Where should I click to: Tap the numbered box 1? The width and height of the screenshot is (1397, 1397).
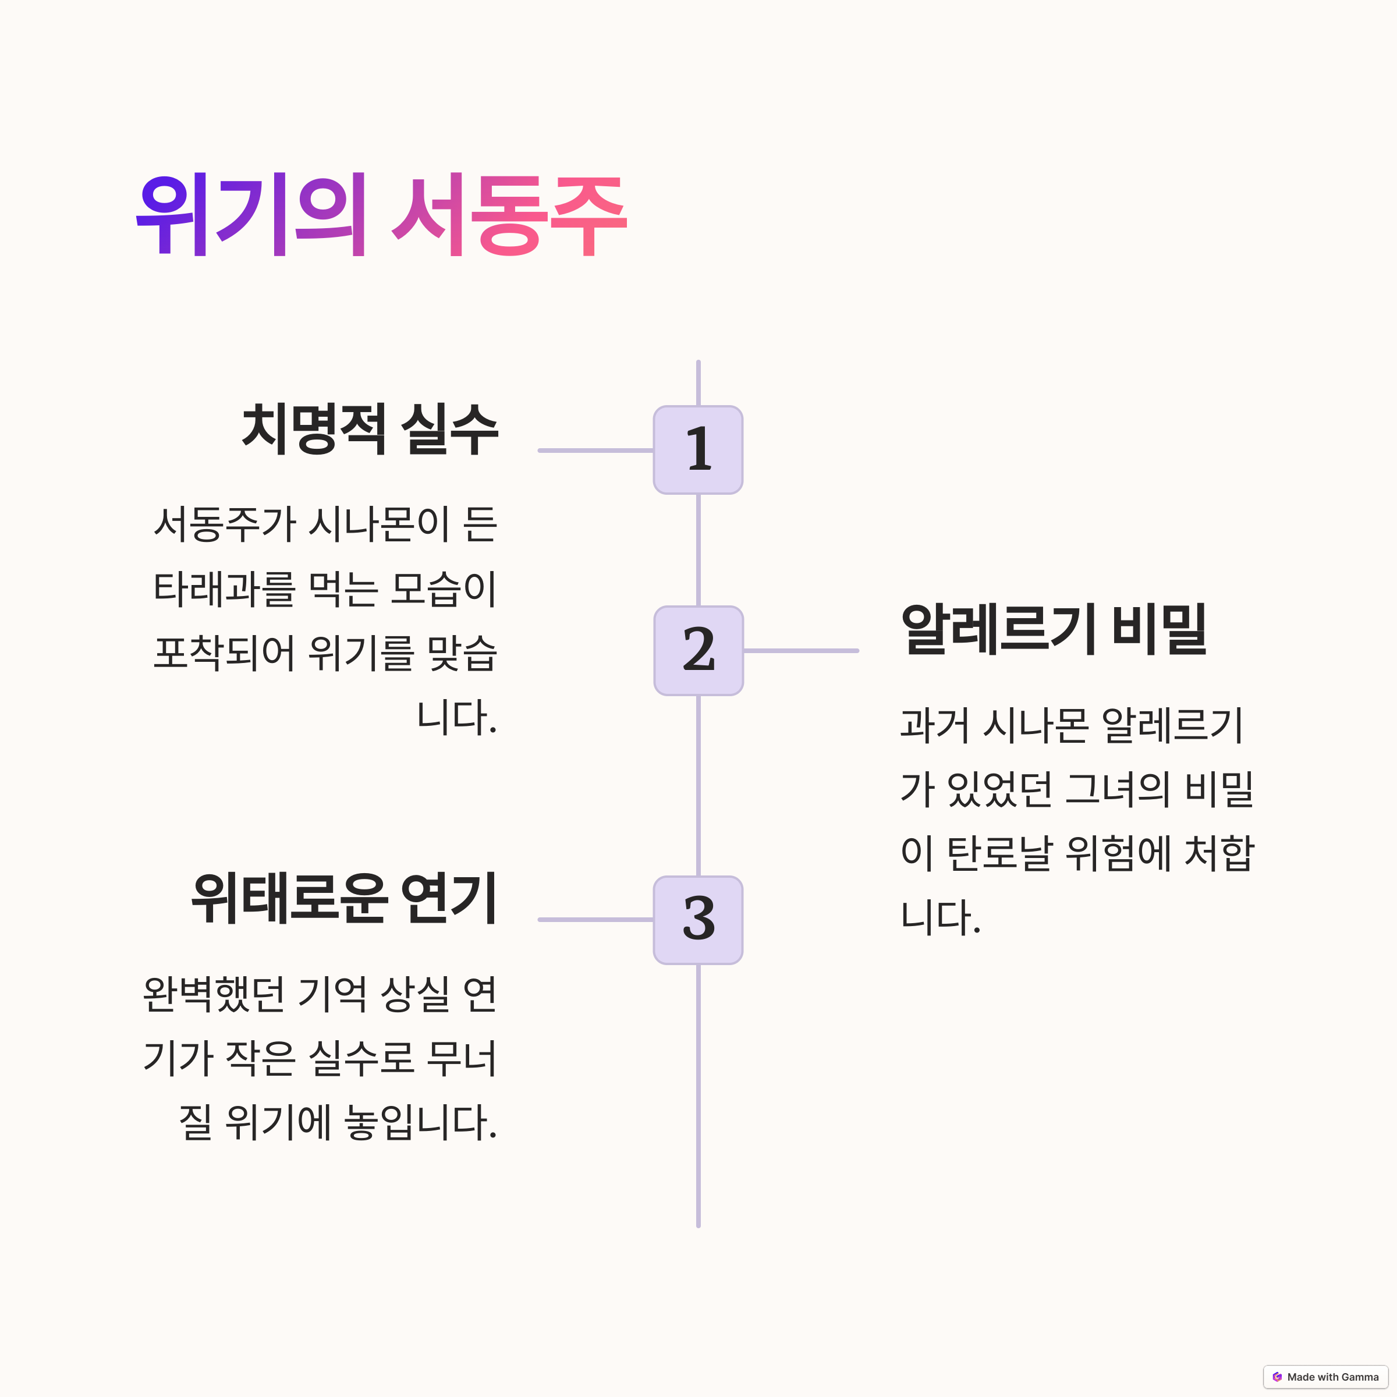698,450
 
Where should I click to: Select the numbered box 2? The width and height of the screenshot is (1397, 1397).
698,650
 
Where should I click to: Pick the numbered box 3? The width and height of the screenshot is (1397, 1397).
698,920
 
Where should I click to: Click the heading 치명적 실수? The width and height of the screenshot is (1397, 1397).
370,430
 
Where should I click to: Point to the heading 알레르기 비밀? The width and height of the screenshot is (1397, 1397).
1054,629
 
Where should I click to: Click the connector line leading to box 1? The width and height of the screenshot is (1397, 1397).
596,451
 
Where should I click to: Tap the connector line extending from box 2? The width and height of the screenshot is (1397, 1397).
801,651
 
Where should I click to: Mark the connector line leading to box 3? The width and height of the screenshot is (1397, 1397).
596,920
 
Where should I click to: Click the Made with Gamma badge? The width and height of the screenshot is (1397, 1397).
1325,1377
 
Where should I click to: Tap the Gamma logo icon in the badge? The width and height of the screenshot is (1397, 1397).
1277,1377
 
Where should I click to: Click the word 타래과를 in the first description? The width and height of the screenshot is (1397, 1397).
225,589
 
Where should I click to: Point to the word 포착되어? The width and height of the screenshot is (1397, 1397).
225,653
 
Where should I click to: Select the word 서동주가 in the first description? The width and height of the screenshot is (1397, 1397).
225,525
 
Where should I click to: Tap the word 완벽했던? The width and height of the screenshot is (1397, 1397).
214,995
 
